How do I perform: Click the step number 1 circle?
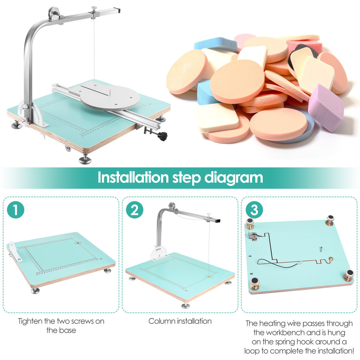[15, 210]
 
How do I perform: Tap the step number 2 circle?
[135, 210]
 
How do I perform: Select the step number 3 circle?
[254, 210]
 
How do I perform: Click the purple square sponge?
[326, 108]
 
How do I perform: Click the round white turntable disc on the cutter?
[110, 97]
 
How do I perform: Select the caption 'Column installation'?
[180, 321]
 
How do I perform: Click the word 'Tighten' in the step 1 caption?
[30, 321]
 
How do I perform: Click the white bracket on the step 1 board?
[14, 251]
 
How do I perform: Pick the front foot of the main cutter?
[85, 159]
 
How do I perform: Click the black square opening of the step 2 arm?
[218, 221]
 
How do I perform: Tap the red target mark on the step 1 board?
[78, 243]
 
